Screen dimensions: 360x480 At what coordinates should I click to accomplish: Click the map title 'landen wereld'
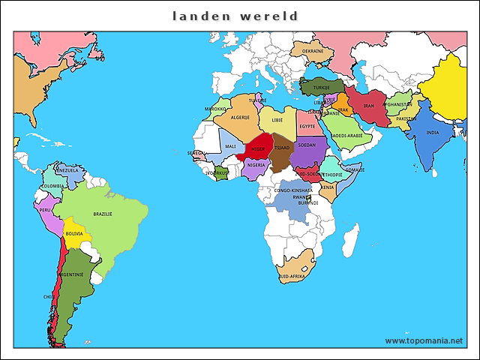click(235, 16)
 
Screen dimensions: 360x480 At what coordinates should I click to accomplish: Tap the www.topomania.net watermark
click(424, 340)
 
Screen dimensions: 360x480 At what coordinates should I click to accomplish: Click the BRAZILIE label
click(103, 214)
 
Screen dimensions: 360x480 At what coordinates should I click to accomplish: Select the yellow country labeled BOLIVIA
click(74, 233)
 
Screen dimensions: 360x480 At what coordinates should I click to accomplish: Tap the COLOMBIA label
click(52, 185)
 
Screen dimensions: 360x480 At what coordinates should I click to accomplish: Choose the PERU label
click(46, 211)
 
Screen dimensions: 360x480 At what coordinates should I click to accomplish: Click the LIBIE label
click(277, 119)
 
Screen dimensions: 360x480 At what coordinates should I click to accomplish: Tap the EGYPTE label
click(307, 126)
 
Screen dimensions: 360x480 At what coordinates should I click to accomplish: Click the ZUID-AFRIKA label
click(291, 277)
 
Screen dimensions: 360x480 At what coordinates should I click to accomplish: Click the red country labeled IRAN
click(368, 106)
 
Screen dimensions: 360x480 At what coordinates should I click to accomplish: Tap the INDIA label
click(433, 133)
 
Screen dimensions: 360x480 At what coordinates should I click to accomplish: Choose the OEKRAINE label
click(313, 51)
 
